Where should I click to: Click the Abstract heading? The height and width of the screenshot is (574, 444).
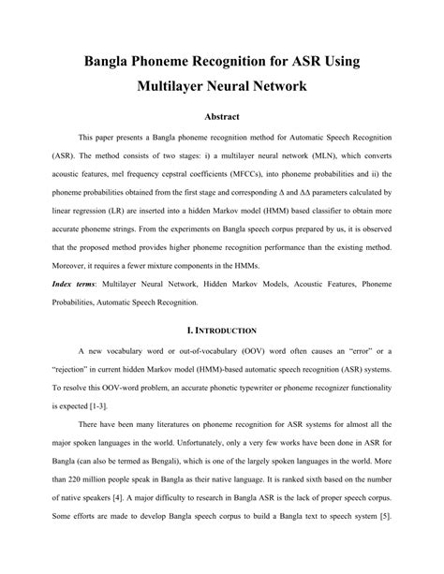(x=222, y=116)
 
